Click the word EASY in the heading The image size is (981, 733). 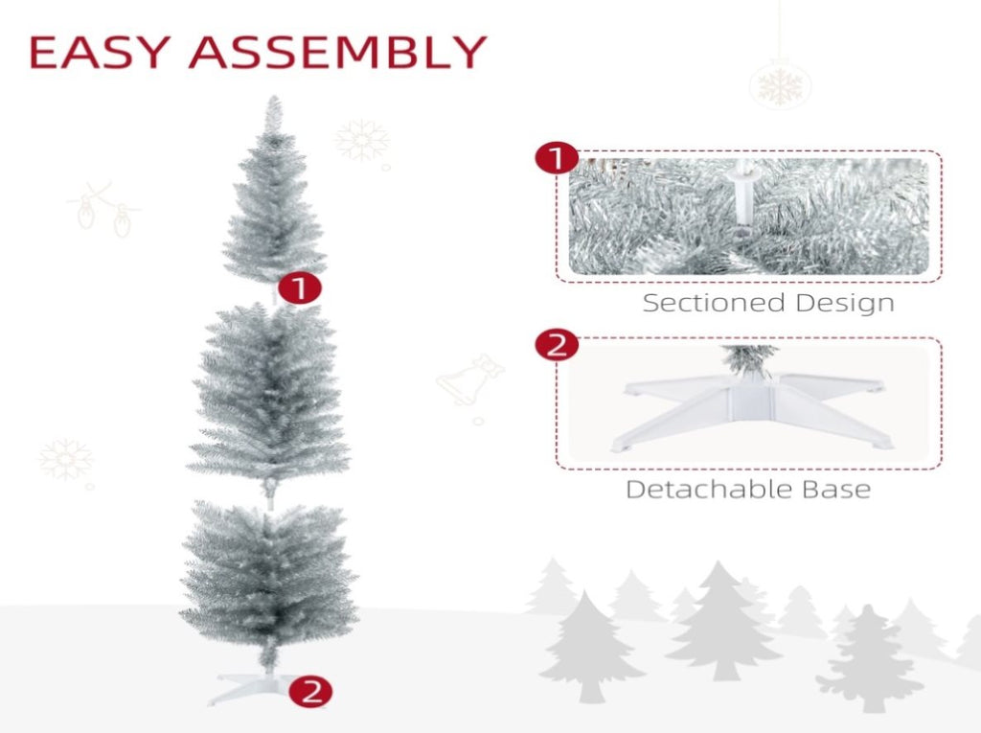coord(100,52)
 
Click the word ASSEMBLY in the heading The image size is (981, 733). coord(338,52)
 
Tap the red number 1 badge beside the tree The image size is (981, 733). coord(300,288)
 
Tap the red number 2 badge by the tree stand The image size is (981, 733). coord(311,692)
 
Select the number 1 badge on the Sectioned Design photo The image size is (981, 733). coord(557,158)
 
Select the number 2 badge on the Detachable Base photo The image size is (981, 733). coord(557,345)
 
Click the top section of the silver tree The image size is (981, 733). coord(274,195)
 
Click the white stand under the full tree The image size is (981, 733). coord(250,688)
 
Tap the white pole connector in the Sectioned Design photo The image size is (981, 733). coord(743,195)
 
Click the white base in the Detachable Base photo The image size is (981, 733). coord(751,408)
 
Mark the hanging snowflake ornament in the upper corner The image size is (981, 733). coord(780,84)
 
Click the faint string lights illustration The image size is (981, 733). coord(103,210)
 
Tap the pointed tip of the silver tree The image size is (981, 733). coord(273,97)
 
